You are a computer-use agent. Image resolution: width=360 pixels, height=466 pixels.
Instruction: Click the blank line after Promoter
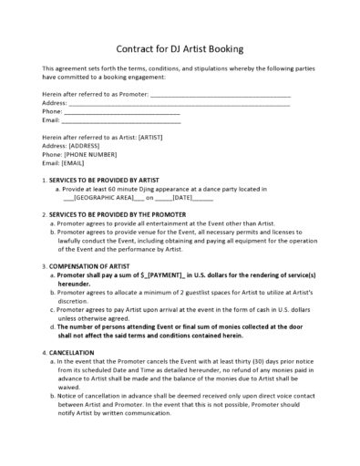(219, 95)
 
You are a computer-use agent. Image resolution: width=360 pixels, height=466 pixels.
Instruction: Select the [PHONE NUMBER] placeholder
(89, 154)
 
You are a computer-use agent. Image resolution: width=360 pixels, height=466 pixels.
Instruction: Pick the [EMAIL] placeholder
(78, 163)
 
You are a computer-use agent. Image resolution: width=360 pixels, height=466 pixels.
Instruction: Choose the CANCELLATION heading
(72, 351)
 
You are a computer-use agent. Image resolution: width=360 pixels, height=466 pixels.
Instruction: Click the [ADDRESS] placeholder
(87, 145)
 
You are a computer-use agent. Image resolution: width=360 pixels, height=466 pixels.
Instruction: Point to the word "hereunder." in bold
(75, 283)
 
